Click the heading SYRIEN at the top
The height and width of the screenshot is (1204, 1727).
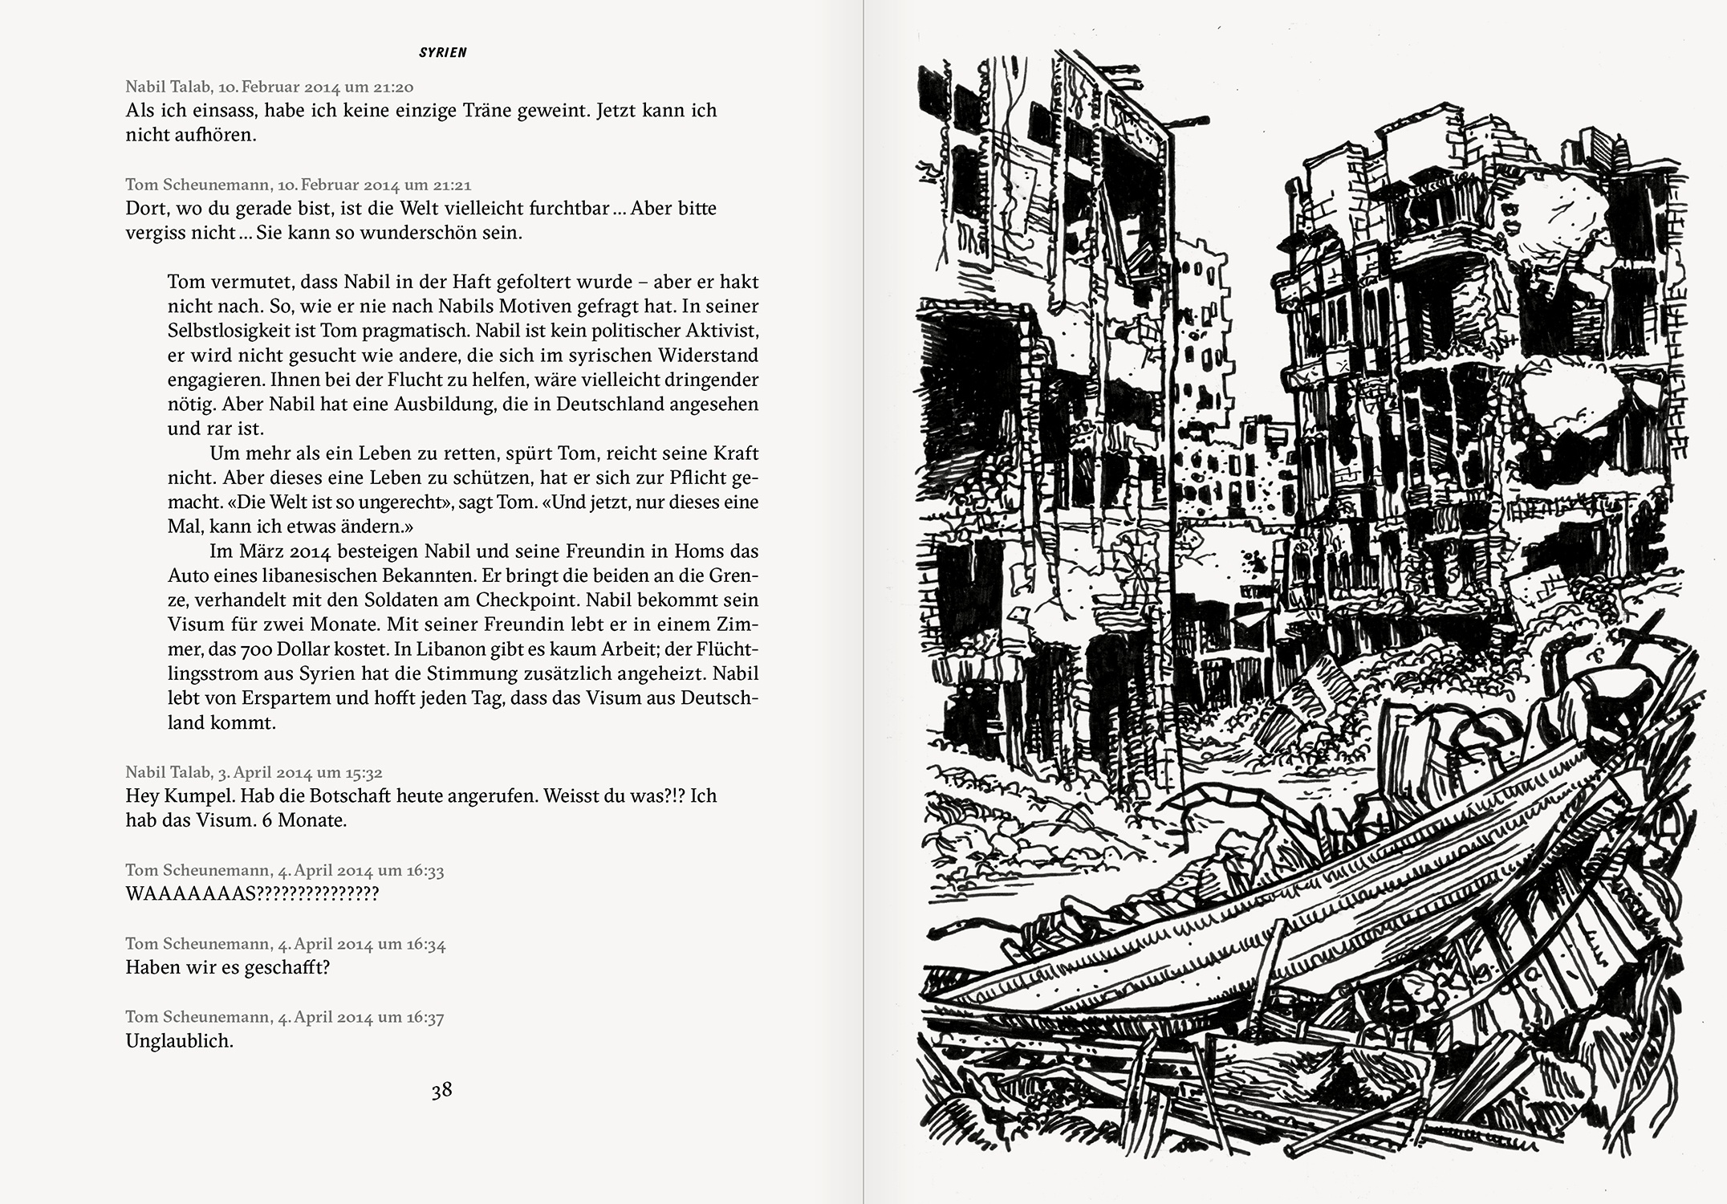coord(442,53)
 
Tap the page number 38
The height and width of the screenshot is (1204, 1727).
coord(441,1090)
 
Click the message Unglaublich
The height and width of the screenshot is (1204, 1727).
coord(179,1041)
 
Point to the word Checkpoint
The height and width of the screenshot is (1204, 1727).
coord(526,600)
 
